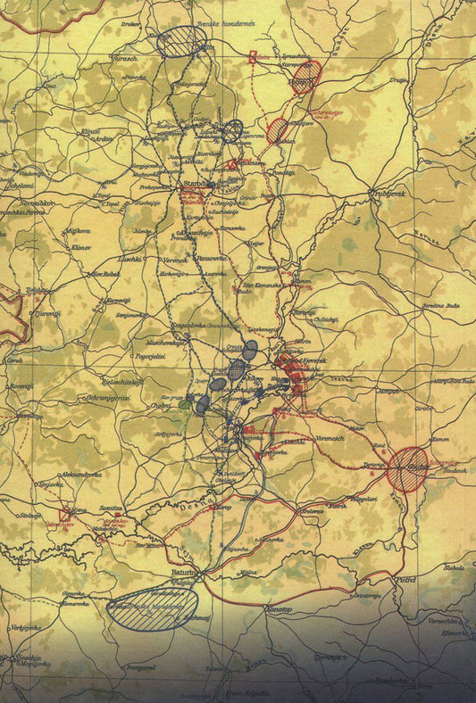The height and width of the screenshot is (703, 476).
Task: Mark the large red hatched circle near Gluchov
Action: click(x=410, y=469)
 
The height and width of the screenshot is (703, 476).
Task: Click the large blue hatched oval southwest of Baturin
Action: click(x=152, y=608)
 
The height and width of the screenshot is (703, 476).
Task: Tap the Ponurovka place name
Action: click(x=213, y=259)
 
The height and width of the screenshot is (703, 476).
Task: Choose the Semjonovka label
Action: click(x=126, y=314)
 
